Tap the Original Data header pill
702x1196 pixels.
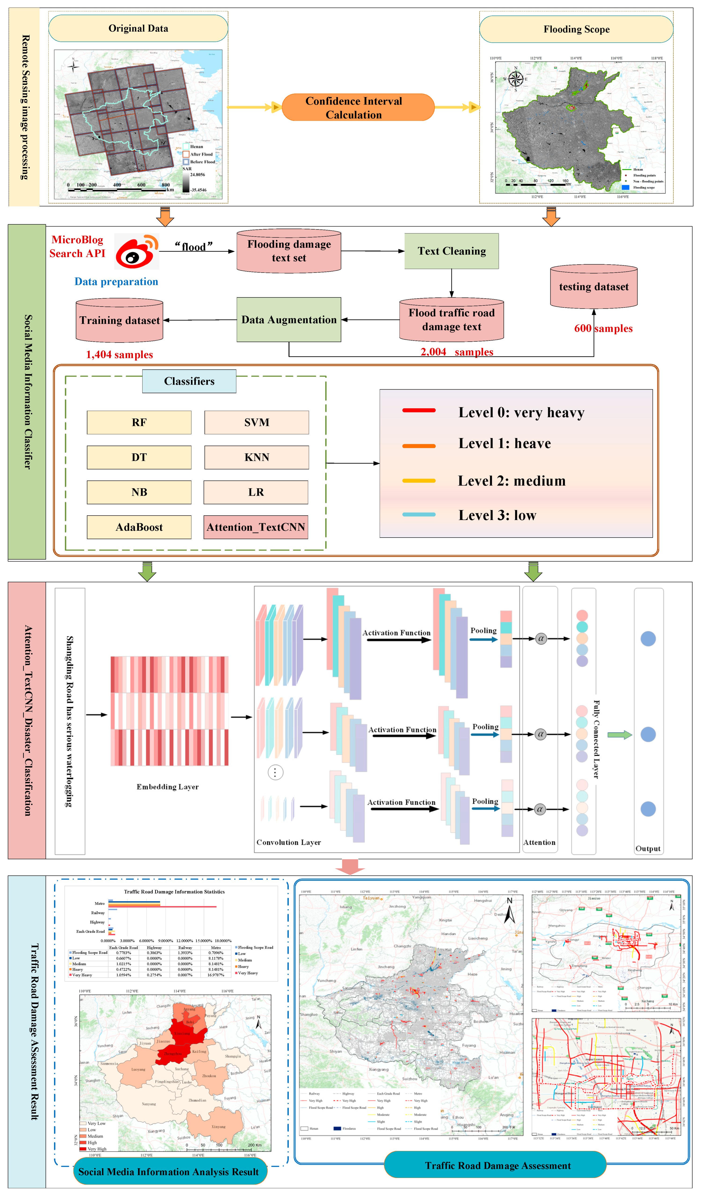[x=138, y=29]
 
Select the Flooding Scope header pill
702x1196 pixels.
[x=576, y=29]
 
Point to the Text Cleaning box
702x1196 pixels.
[x=451, y=251]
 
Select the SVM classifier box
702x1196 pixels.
[x=256, y=422]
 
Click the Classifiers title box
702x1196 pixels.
[x=189, y=381]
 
